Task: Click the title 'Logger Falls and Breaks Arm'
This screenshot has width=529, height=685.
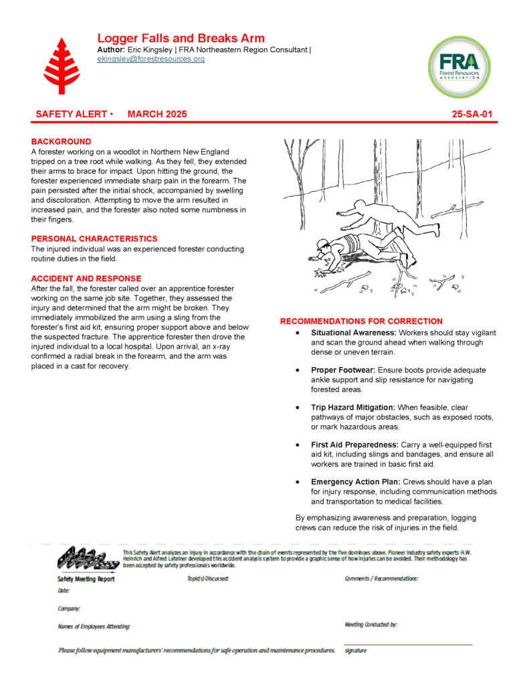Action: pos(181,38)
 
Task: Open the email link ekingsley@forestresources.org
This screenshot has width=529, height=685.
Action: pos(150,59)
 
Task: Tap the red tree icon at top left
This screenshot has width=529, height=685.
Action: pos(61,66)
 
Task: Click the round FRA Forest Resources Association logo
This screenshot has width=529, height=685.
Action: pos(459,68)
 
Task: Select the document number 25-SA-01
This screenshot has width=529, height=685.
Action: pos(472,114)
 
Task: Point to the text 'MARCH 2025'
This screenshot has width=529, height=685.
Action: pos(157,114)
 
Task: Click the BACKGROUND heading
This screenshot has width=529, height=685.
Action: pos(61,142)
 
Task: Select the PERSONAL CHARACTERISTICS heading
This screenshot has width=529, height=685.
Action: pos(94,239)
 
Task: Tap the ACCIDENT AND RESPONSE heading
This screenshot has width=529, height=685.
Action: pos(86,278)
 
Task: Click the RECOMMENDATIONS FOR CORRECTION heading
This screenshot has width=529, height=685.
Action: pos(361,322)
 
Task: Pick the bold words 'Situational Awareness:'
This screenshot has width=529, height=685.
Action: pos(354,332)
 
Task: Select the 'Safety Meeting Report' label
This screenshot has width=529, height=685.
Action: pos(86,579)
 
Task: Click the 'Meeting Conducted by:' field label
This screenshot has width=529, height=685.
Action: pos(371,625)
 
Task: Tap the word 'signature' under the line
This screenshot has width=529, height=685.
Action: pos(355,650)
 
